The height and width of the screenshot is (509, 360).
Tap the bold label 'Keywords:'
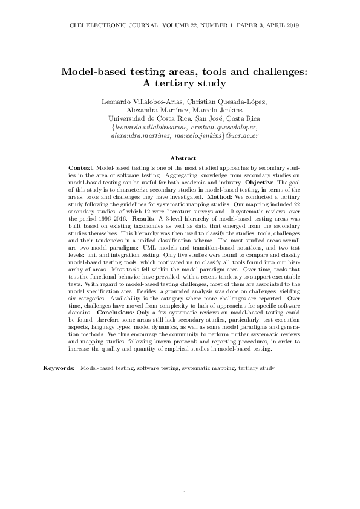(59, 368)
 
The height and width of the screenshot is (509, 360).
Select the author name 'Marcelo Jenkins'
(224, 109)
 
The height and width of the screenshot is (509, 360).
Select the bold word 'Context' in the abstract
(81, 166)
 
